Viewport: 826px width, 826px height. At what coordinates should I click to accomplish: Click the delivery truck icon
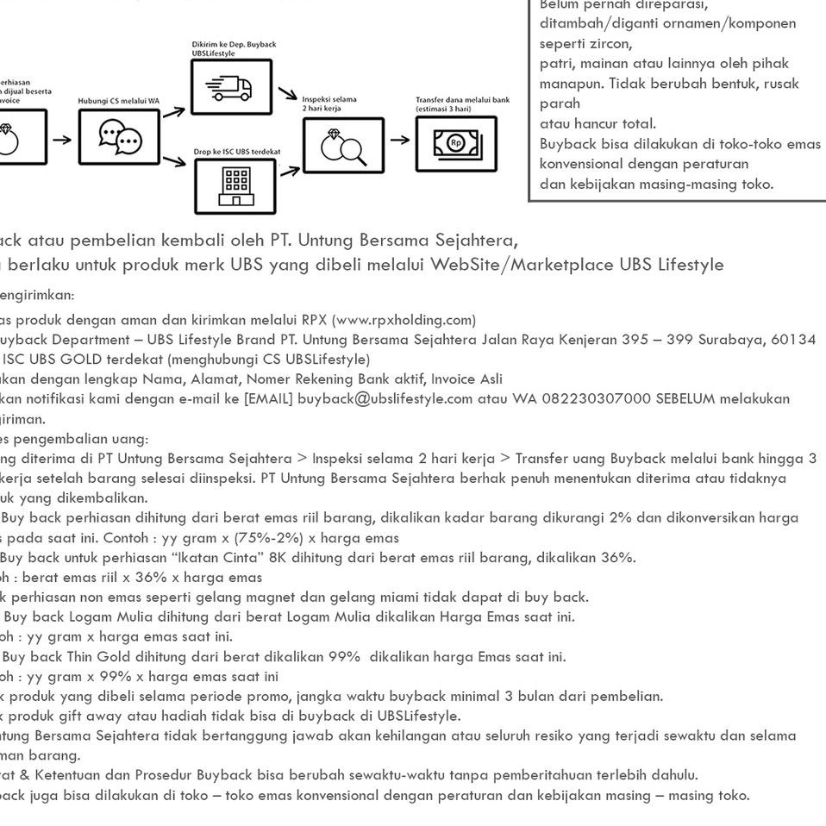click(230, 87)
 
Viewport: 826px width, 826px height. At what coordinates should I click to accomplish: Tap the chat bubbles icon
click(119, 137)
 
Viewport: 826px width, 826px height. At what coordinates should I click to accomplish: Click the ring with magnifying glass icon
click(343, 145)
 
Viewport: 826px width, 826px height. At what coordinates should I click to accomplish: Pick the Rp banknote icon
click(456, 141)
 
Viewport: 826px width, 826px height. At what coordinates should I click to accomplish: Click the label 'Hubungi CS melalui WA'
click(119, 101)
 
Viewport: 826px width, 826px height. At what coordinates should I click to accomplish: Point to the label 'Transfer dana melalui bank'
click(462, 100)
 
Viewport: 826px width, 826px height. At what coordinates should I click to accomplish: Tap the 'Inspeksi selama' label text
click(329, 100)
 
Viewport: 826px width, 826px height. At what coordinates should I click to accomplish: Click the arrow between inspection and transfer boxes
click(400, 139)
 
